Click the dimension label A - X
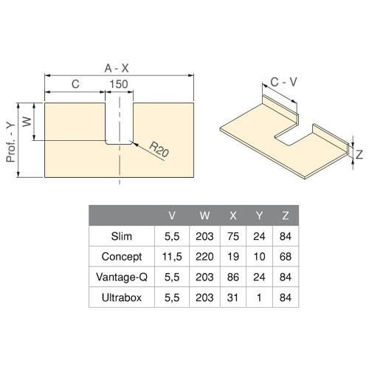(120, 67)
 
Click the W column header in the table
(204, 216)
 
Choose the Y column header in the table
(259, 216)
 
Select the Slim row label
(121, 237)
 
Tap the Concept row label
(121, 258)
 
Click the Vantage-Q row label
(121, 277)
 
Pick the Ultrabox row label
(121, 297)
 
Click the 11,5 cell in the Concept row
(172, 258)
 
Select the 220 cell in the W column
(204, 258)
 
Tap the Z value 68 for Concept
(285, 258)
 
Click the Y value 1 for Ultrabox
(259, 297)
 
